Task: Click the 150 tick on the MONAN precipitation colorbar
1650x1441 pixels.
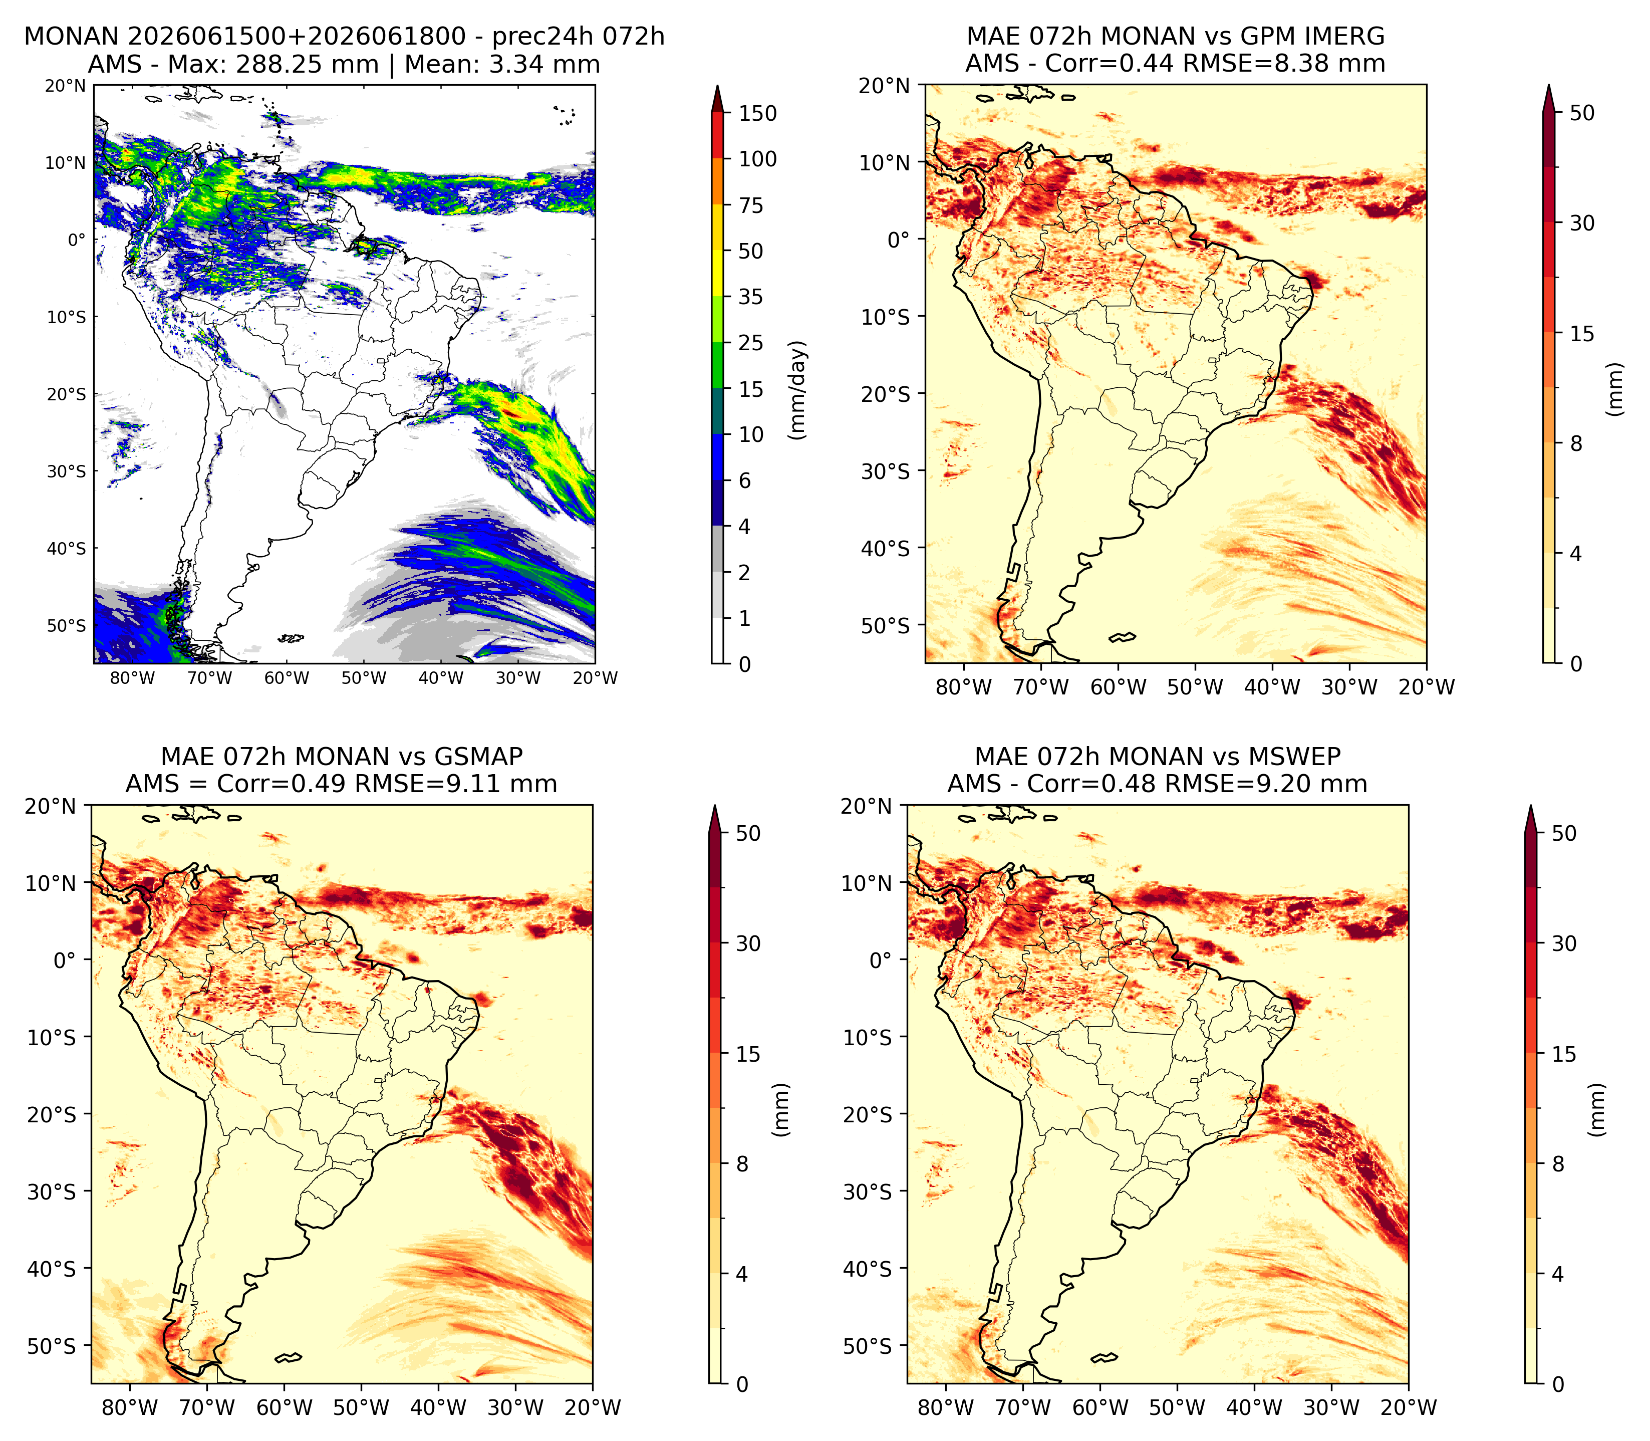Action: [x=758, y=113]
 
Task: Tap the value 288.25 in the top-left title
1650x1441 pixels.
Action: [x=307, y=64]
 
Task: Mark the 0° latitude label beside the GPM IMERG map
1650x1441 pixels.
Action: [x=899, y=239]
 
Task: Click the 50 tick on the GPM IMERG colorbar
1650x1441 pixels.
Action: [x=1582, y=113]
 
